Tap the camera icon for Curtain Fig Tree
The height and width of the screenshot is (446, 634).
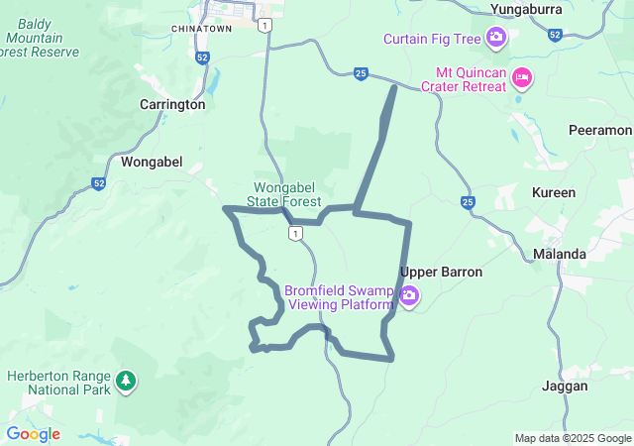[496, 39]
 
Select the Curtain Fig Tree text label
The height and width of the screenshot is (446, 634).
[433, 39]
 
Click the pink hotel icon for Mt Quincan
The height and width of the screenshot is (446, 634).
[522, 77]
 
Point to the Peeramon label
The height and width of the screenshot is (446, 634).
[599, 130]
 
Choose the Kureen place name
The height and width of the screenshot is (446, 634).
[554, 192]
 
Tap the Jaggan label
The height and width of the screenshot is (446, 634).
[565, 386]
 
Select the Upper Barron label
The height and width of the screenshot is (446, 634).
[441, 272]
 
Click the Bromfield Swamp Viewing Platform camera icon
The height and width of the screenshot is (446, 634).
[409, 296]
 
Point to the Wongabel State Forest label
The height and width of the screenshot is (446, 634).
[287, 193]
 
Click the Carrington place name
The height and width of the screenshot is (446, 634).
[172, 104]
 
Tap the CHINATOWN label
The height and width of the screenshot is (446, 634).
[201, 29]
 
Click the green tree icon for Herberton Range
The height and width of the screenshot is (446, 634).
[125, 380]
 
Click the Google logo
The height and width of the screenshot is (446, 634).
[33, 434]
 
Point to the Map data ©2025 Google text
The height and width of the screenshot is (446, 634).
[572, 438]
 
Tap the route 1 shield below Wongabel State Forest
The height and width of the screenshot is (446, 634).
[294, 233]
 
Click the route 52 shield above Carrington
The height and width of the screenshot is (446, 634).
[202, 58]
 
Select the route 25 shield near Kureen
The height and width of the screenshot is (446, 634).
[468, 203]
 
